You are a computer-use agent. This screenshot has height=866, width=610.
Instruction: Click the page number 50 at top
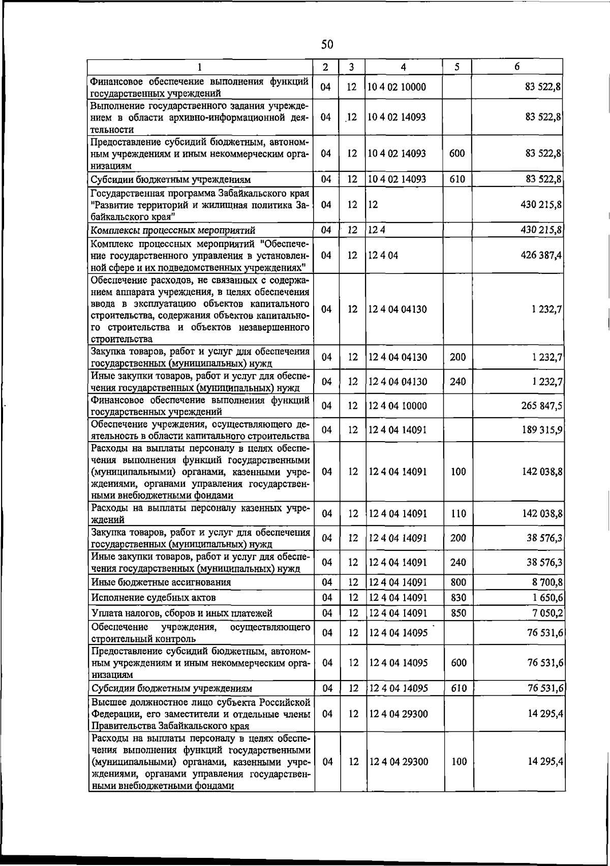(x=327, y=45)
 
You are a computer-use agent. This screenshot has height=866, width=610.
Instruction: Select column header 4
(x=403, y=67)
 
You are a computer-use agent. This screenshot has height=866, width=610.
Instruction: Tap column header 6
(x=516, y=67)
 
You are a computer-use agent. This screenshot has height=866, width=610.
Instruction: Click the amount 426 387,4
(x=541, y=255)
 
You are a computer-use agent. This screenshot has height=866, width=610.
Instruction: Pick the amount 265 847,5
(x=541, y=406)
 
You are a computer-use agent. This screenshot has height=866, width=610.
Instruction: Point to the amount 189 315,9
(x=541, y=430)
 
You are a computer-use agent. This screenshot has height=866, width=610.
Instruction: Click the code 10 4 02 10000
(x=397, y=87)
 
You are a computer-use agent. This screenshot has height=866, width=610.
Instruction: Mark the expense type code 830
(x=458, y=598)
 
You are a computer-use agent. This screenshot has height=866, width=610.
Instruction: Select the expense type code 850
(x=458, y=613)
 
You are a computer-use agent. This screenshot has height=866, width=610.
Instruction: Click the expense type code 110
(x=458, y=514)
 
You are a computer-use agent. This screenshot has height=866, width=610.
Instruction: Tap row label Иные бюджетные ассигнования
(x=161, y=582)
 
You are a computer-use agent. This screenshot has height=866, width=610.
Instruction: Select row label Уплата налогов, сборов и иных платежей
(x=181, y=613)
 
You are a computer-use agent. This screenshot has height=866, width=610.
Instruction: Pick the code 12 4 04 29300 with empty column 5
(x=398, y=714)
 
